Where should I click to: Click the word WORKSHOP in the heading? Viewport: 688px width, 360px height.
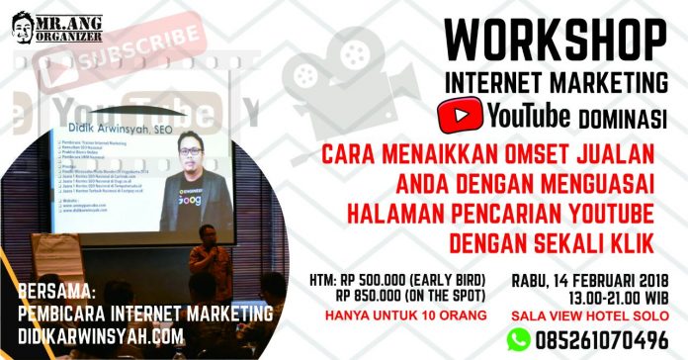point(553,40)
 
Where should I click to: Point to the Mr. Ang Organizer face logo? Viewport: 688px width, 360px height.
point(21,23)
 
